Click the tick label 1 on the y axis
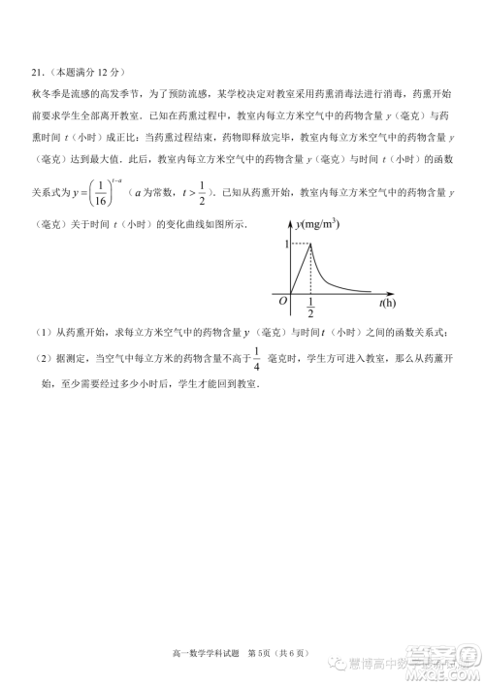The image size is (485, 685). tap(285, 245)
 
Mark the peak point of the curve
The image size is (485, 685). tap(310, 245)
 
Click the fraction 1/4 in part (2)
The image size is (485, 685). tap(256, 359)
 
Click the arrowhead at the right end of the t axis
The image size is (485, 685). tap(380, 291)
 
